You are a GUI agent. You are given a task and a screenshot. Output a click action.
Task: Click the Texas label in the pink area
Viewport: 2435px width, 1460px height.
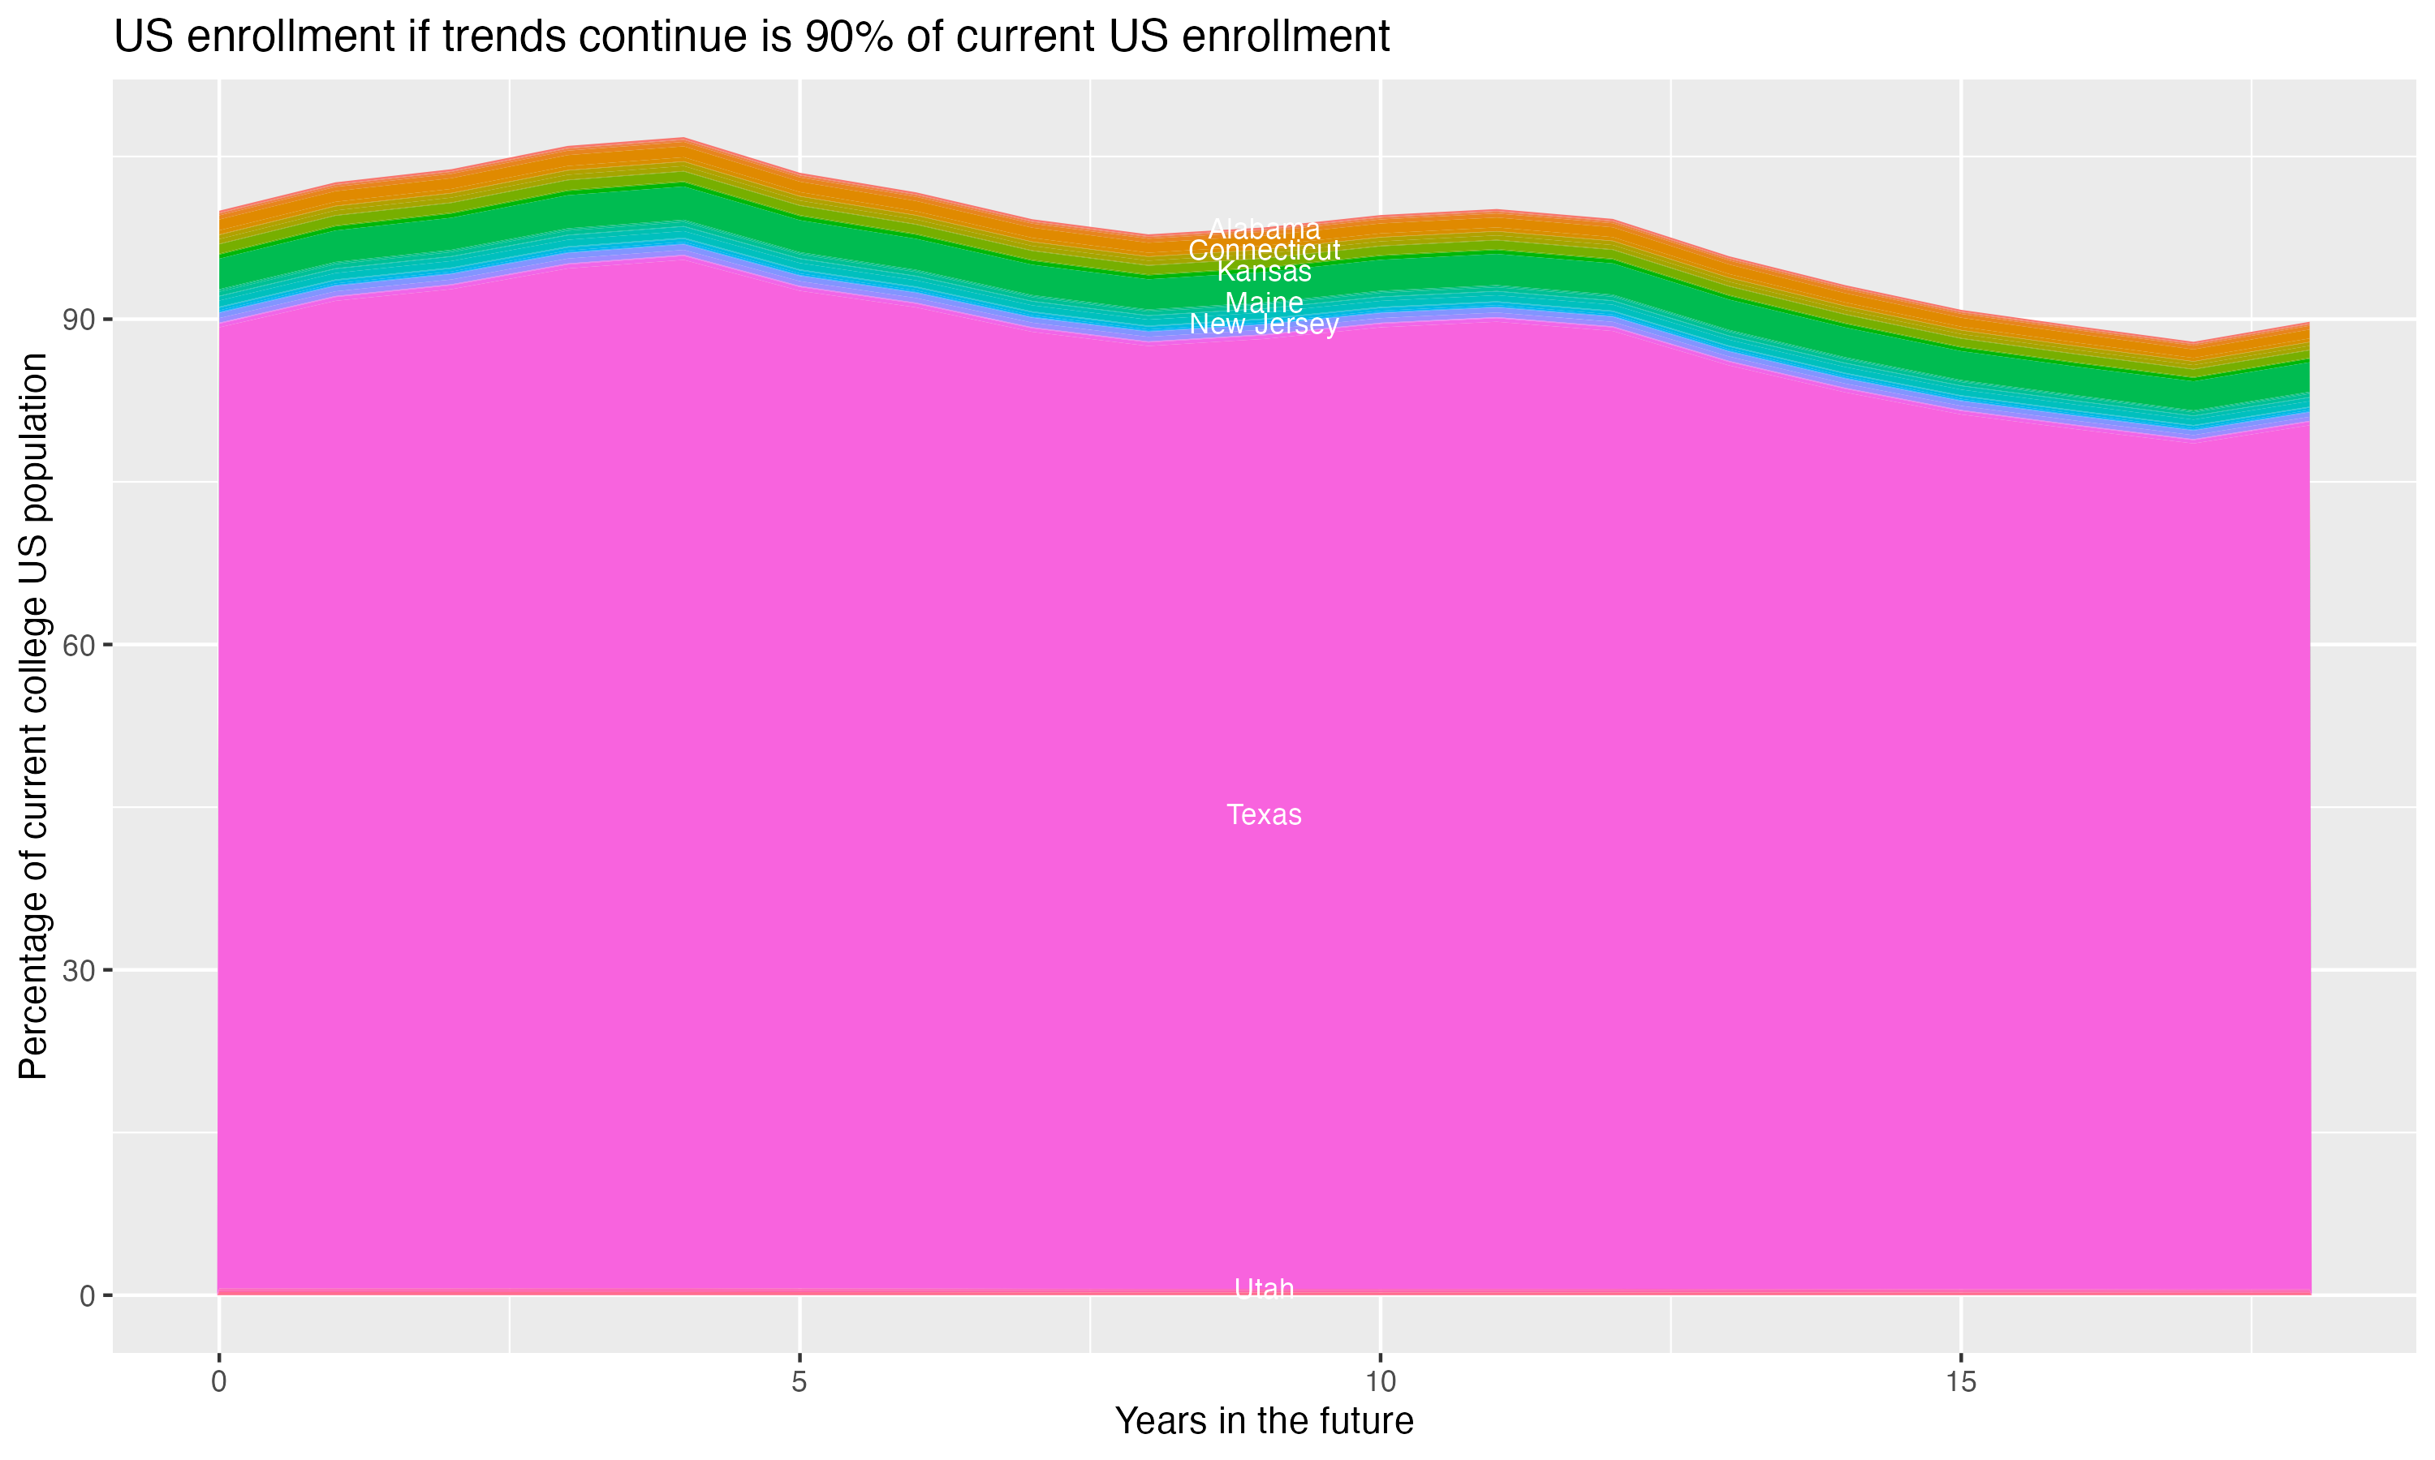click(1264, 814)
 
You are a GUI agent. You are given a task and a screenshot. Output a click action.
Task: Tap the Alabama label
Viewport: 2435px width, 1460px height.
click(1264, 230)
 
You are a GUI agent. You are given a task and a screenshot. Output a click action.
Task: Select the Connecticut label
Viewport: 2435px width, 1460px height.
click(1264, 251)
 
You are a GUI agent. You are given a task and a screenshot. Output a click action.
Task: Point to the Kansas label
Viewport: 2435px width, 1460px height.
click(1264, 272)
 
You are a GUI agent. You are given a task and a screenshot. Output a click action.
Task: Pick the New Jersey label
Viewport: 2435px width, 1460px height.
click(1264, 324)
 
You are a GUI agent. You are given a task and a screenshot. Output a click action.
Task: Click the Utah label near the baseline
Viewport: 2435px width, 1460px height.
click(1264, 1288)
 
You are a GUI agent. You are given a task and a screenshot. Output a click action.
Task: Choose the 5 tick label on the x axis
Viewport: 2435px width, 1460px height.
click(799, 1382)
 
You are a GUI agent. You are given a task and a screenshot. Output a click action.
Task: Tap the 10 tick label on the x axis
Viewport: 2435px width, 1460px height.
click(1380, 1382)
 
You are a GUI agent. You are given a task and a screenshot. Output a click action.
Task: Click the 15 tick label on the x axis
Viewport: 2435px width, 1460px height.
click(1961, 1382)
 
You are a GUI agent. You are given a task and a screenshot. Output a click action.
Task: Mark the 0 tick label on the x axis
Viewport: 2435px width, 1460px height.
click(218, 1382)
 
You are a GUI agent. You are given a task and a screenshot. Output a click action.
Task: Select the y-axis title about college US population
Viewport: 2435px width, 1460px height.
click(34, 716)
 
